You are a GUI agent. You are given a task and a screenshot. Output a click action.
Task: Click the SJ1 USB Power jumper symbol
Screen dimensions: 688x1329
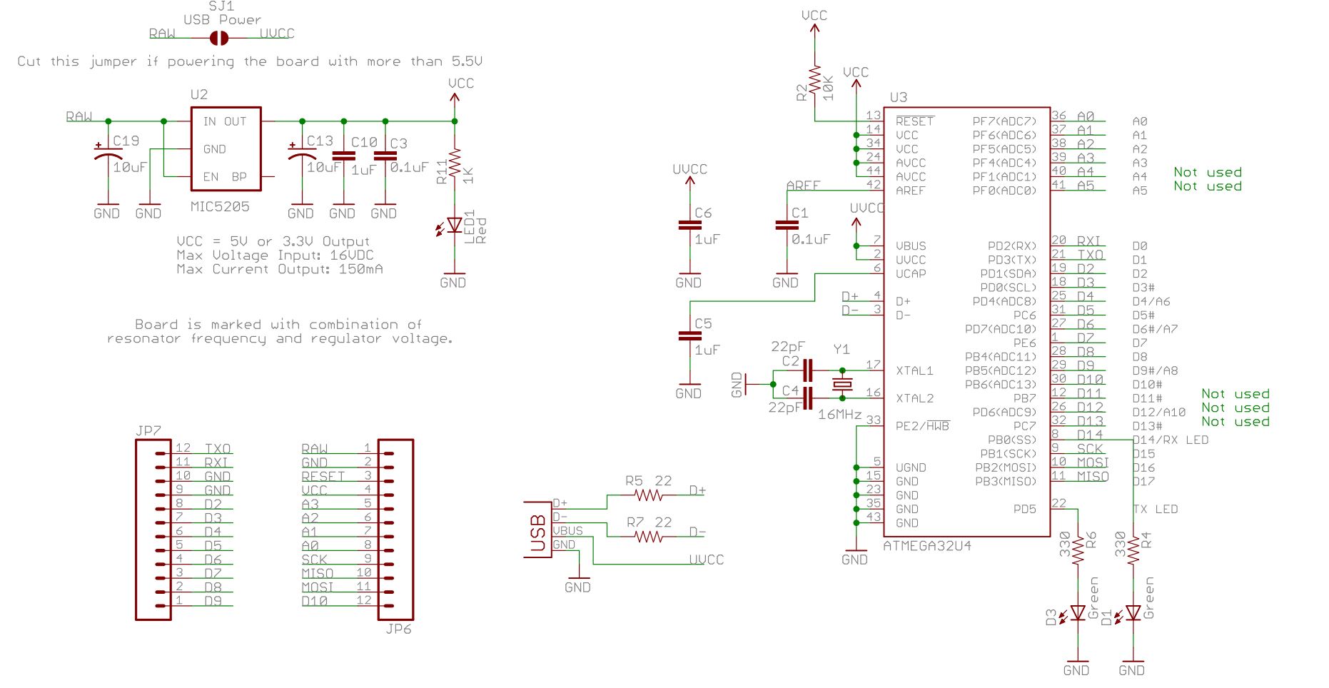pos(219,38)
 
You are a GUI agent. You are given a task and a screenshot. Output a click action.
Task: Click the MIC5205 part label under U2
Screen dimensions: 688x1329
pos(220,206)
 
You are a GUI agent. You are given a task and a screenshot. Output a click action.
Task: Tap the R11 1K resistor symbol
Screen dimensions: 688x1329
pos(455,165)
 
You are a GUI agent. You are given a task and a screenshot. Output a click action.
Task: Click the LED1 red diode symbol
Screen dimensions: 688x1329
pos(454,226)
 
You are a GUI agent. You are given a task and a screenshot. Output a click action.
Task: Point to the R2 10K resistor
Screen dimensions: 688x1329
pos(814,82)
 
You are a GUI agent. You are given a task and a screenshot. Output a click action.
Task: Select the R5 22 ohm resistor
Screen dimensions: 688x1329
pos(649,495)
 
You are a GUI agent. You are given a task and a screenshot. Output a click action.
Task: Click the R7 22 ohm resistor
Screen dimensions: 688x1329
pos(649,536)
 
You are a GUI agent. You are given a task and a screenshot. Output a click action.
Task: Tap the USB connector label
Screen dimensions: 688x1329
pos(538,533)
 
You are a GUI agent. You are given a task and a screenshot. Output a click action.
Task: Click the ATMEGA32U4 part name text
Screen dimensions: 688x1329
pos(927,546)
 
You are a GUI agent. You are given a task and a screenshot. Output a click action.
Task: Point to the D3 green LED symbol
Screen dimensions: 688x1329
pos(1077,613)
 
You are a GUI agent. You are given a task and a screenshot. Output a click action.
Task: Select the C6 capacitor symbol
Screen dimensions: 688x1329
pos(689,226)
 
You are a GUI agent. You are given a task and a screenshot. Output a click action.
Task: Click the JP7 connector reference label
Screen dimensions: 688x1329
pos(148,431)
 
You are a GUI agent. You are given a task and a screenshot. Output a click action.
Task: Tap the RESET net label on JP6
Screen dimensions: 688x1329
pos(323,476)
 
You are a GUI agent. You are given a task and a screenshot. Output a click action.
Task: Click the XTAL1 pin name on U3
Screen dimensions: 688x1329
pos(914,370)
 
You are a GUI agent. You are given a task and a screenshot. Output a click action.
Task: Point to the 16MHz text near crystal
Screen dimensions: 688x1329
pos(839,415)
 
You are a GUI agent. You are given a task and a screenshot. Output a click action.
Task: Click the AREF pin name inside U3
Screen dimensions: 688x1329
pos(910,191)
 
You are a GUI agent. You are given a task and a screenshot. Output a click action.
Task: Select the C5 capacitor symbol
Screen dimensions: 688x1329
pos(689,336)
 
